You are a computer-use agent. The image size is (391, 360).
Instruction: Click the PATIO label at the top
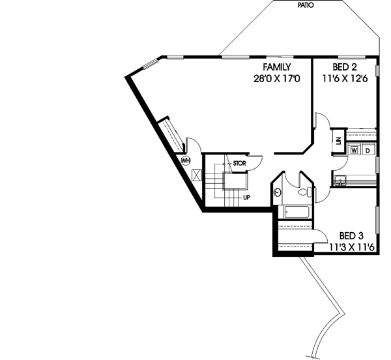[x=304, y=4]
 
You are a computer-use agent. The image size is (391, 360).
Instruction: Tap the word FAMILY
[x=278, y=67]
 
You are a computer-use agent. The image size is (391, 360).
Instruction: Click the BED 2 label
[x=345, y=67]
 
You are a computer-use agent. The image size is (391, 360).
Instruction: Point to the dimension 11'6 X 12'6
[x=345, y=78]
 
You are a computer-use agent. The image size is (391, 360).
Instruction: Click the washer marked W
[x=355, y=150]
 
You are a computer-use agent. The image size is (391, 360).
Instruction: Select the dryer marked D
[x=367, y=150]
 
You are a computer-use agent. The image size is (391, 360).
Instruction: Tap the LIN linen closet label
[x=339, y=140]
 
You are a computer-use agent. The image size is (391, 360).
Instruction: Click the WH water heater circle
[x=186, y=160]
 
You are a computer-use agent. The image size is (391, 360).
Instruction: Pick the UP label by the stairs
[x=246, y=197]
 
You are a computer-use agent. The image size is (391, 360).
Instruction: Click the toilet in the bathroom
[x=303, y=192]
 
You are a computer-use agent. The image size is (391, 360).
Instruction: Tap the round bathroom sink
[x=278, y=192]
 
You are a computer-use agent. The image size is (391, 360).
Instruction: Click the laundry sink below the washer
[x=341, y=180]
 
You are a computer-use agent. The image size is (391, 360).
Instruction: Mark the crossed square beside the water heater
[x=196, y=175]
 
